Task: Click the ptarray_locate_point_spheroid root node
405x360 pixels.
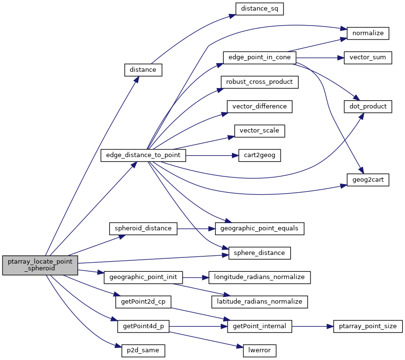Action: click(x=40, y=265)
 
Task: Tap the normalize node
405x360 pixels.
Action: click(x=368, y=33)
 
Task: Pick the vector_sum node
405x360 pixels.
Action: click(x=367, y=57)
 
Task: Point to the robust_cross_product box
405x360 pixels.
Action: click(x=259, y=82)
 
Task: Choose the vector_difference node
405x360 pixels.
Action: click(x=259, y=106)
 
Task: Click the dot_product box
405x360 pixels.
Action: click(x=367, y=106)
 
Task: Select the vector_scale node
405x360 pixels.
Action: click(x=259, y=131)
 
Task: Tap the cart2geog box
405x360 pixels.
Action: click(x=259, y=155)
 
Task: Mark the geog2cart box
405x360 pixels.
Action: click(x=367, y=179)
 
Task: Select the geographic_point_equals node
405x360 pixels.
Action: click(x=259, y=228)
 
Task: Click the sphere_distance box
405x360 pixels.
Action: click(x=259, y=253)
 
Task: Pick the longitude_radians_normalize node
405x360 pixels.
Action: click(x=259, y=277)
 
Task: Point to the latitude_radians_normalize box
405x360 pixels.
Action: click(x=259, y=302)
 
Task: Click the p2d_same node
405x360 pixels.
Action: click(x=143, y=350)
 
